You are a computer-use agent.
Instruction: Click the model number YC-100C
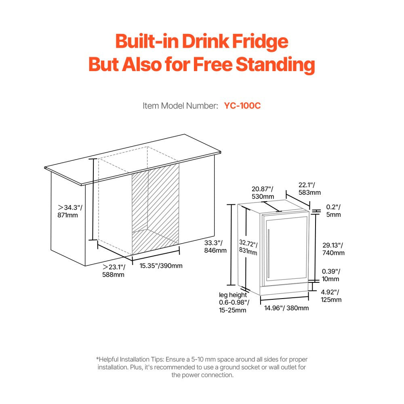point(242,106)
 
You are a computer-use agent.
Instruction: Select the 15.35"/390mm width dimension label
point(161,266)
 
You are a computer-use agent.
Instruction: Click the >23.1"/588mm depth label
point(114,271)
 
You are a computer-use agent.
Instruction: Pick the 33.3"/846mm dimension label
point(215,246)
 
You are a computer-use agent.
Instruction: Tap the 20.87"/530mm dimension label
point(263,192)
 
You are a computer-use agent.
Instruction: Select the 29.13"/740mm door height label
point(333,249)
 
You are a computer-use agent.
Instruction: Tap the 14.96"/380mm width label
point(286,308)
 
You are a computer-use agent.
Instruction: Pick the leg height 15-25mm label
point(234,303)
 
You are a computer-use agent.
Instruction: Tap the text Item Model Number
point(180,106)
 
